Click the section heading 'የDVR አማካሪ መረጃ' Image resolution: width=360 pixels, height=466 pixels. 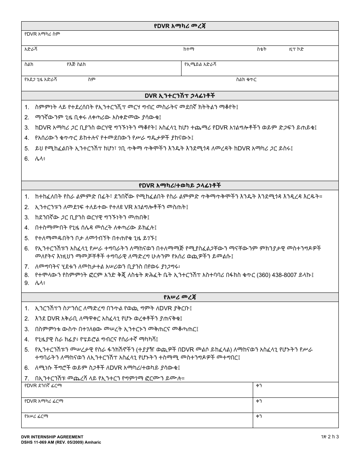coord(180,26)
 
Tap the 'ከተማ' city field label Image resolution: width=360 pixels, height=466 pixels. coord(189,49)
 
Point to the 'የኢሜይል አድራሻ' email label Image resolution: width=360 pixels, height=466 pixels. coord(200,64)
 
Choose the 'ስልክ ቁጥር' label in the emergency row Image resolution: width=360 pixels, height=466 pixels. coord(246,80)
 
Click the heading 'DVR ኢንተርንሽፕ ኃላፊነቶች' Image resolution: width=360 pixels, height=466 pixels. coord(180,96)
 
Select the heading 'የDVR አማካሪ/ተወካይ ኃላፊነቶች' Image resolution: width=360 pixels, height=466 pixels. coord(180,186)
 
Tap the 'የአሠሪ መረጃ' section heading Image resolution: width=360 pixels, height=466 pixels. coord(180,297)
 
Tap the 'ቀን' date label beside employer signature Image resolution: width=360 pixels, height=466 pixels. coord(259,416)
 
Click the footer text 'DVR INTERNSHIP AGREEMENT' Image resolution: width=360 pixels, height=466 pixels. coord(52,437)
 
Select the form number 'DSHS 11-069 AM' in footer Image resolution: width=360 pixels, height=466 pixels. coord(39,442)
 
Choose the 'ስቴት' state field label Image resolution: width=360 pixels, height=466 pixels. coord(261,49)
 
